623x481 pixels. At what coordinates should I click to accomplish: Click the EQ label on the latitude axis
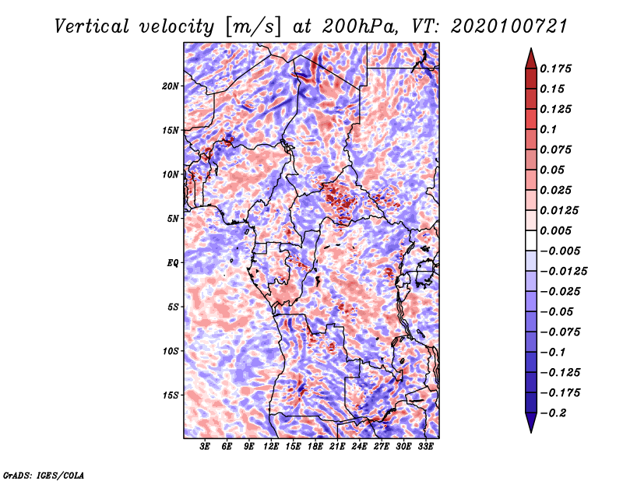click(174, 262)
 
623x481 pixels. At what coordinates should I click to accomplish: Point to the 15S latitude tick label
click(171, 395)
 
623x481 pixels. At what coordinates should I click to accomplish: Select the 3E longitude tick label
click(206, 447)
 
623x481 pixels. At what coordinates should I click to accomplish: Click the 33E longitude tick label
click(426, 447)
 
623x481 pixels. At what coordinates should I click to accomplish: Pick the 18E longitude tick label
click(315, 447)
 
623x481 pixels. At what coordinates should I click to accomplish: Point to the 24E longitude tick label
click(360, 447)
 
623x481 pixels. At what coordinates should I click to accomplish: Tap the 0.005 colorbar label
click(558, 230)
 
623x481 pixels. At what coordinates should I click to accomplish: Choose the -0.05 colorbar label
click(561, 311)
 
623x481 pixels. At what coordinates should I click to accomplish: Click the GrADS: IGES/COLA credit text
click(43, 473)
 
